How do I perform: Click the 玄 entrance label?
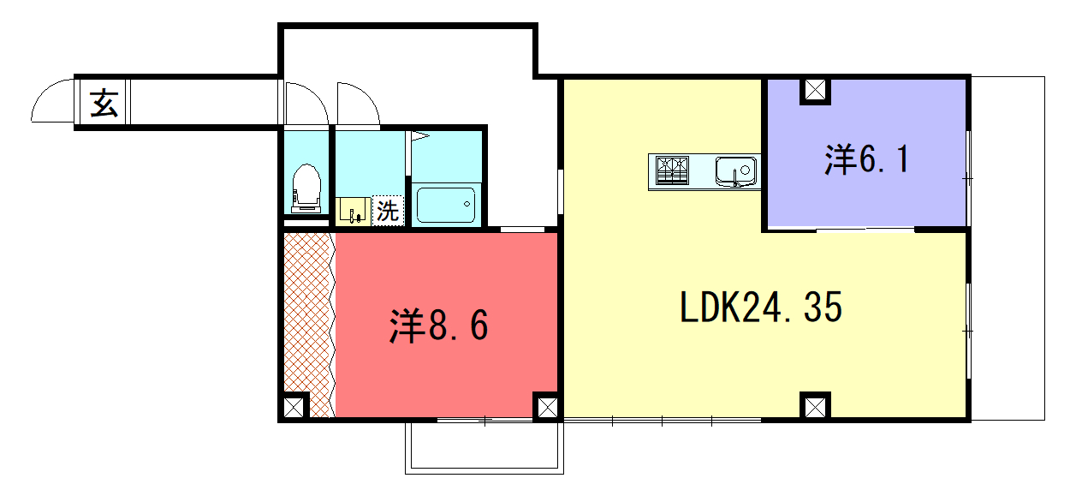click(x=104, y=103)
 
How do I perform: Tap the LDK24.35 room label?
click(x=761, y=308)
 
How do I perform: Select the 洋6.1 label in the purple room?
click(x=866, y=159)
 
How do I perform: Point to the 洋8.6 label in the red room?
click(x=439, y=326)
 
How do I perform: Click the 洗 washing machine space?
click(x=388, y=211)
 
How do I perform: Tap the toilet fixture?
click(x=306, y=188)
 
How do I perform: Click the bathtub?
click(x=446, y=206)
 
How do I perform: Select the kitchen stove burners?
click(x=672, y=170)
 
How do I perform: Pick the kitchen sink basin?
click(x=735, y=171)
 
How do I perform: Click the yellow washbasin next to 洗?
click(x=353, y=212)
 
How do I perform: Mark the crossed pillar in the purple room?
click(x=815, y=90)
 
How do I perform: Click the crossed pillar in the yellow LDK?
click(x=815, y=407)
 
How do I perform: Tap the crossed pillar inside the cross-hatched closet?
click(x=294, y=407)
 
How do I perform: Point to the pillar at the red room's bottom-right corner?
click(x=547, y=407)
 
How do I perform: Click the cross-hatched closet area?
click(x=309, y=325)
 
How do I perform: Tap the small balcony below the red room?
click(x=484, y=447)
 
